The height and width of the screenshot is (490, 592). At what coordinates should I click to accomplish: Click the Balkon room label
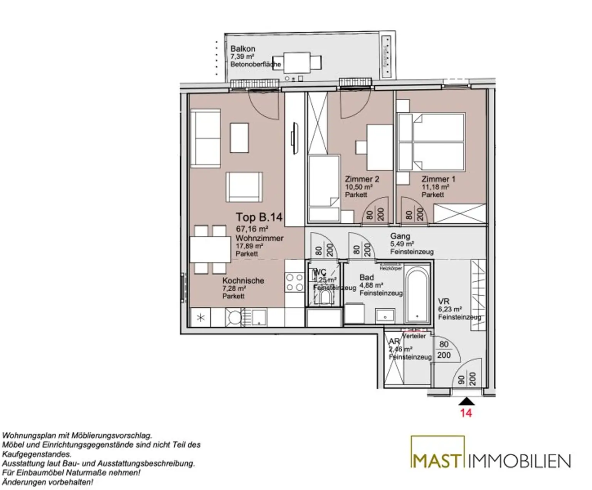coord(243,49)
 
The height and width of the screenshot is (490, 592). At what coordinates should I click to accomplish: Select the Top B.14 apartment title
coord(259,217)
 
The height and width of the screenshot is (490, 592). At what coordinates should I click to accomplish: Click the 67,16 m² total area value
coord(252,229)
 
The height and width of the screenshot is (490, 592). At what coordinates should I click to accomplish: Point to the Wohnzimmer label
coord(259,238)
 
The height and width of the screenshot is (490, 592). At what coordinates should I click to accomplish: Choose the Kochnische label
coord(243,281)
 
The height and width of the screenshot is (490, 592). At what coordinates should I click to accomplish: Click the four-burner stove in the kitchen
coord(294,282)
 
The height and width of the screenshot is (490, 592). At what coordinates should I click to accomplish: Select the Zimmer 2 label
coord(362,179)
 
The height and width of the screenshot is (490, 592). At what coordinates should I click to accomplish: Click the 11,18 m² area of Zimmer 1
coord(435,187)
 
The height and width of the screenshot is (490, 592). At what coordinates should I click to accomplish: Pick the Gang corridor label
coord(400,236)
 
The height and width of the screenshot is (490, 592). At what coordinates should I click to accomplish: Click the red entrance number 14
coord(466,413)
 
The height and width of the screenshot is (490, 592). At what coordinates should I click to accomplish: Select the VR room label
coord(444,301)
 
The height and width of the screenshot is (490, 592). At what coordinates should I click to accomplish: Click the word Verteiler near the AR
coord(414,336)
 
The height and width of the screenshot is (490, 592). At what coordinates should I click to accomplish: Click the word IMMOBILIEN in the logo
coord(519,461)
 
